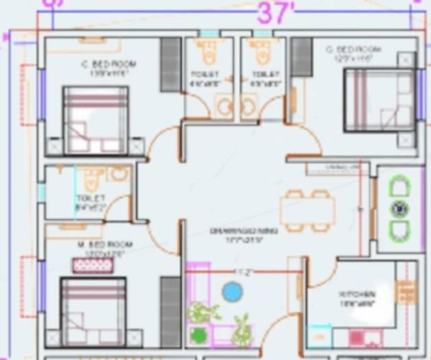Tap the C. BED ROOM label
click(108, 65)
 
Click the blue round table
click(232, 291)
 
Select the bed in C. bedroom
click(96, 119)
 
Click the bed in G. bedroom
click(379, 101)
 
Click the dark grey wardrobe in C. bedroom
click(170, 65)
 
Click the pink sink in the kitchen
click(356, 336)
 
